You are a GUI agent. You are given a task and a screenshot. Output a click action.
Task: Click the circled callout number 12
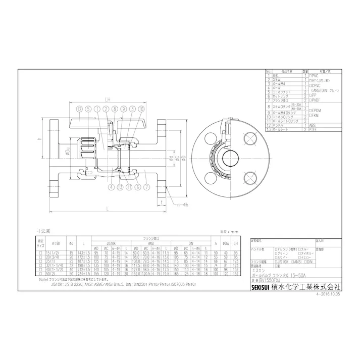coord(79,109)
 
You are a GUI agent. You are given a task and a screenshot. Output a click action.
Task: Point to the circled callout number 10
coord(141,109)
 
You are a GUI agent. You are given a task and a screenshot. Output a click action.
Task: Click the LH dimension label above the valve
coord(108,99)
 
